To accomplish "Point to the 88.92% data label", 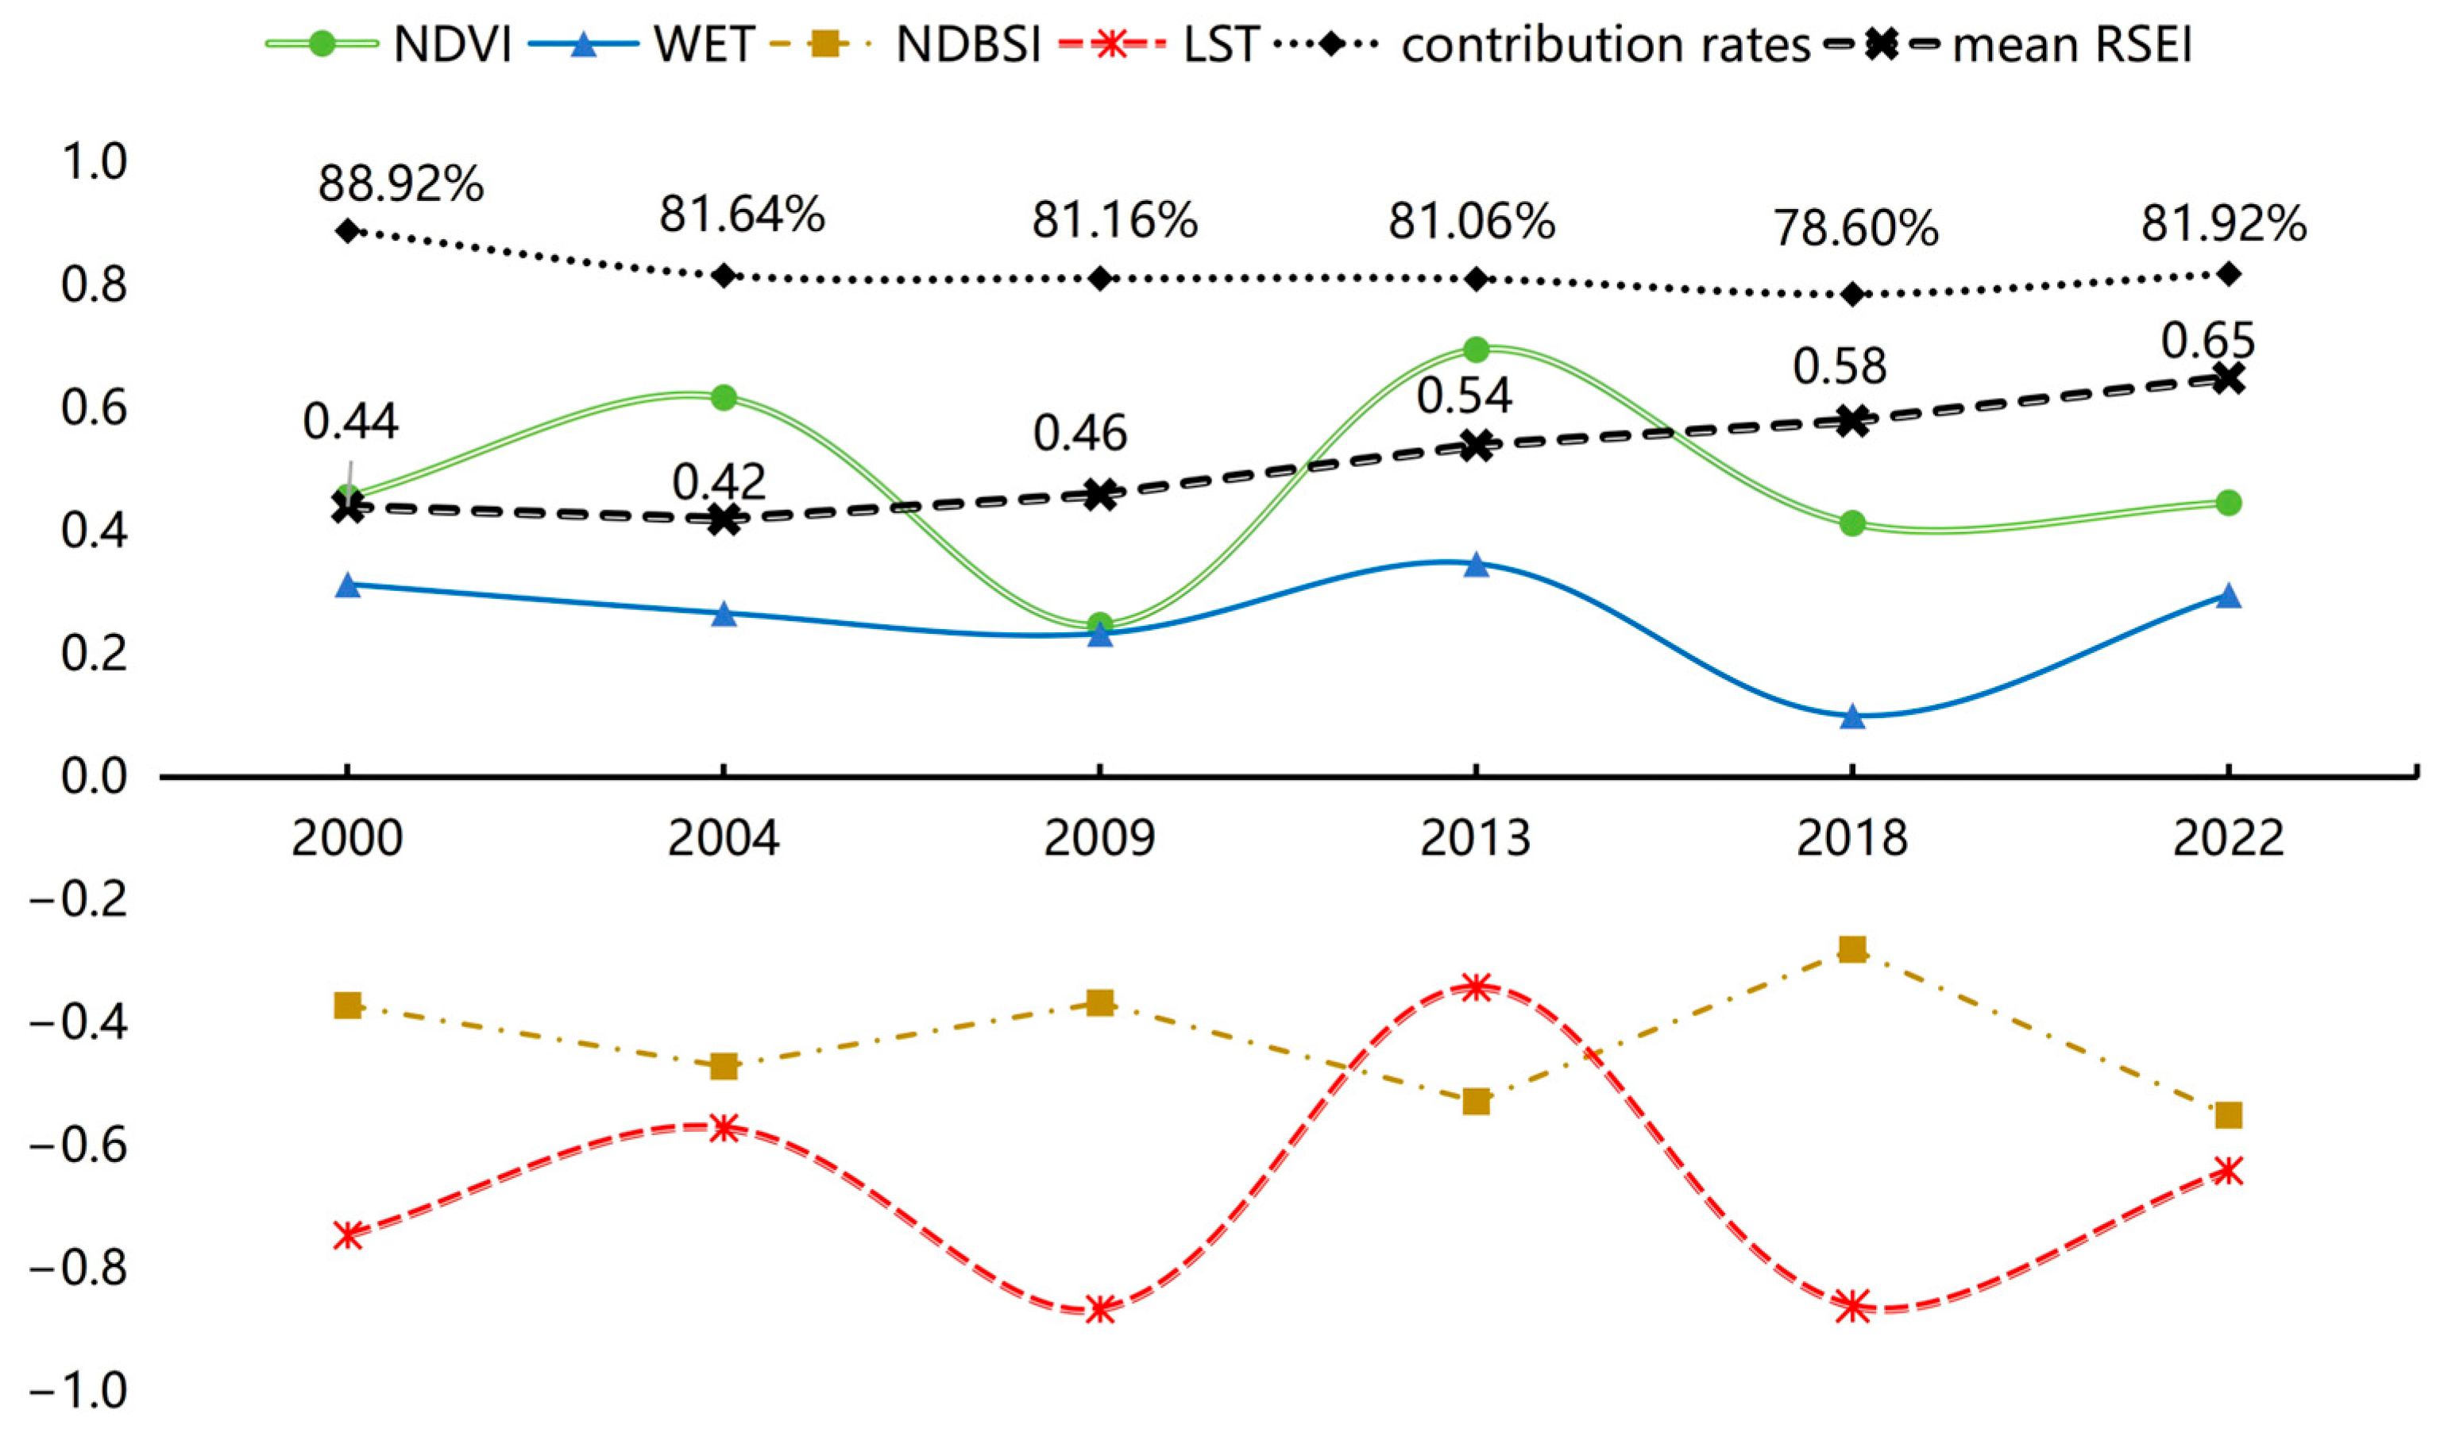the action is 400,183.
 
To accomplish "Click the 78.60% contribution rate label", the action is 1856,229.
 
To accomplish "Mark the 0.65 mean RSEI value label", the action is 2208,341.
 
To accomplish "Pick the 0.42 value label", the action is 719,481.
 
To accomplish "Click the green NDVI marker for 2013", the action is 1476,350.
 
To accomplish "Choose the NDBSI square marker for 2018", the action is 1852,948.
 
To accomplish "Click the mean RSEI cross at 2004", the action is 724,520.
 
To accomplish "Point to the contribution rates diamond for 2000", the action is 347,231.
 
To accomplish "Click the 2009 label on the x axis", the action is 1100,838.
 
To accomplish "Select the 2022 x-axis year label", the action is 2229,838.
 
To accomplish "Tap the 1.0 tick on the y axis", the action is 94,162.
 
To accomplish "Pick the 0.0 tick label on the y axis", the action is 94,777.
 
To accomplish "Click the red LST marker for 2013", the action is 1476,987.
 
